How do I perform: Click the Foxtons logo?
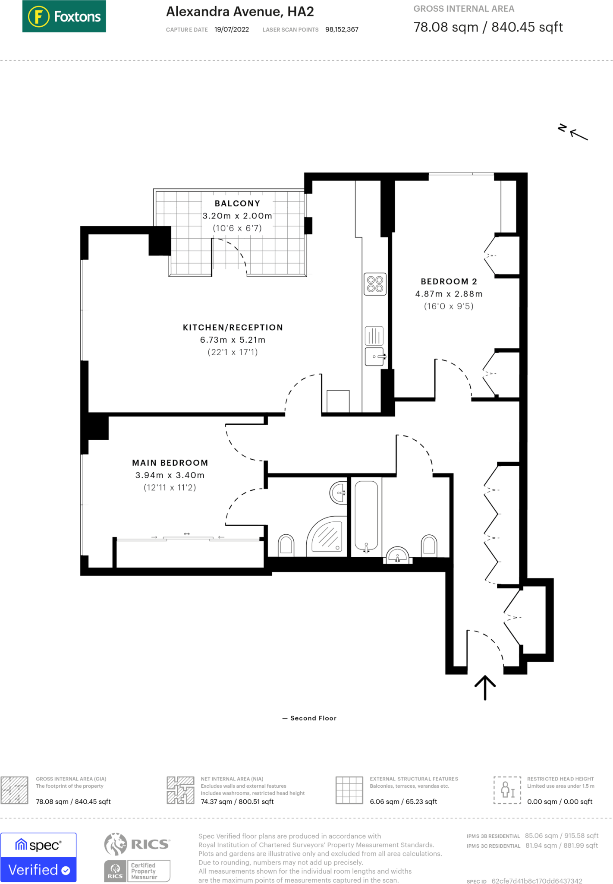coord(64,16)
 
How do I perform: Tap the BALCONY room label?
coord(237,203)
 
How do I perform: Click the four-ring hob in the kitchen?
coord(375,284)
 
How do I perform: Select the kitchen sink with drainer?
coord(374,346)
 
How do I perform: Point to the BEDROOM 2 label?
coord(449,281)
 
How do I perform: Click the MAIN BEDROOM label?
coord(170,463)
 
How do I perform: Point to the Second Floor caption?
coord(313,718)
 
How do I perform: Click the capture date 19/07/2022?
coord(232,30)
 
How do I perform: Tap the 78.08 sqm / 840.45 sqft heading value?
coord(488,27)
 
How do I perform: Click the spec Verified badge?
coord(38,857)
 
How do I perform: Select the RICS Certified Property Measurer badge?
coord(137,857)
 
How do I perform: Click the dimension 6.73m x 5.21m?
coord(233,340)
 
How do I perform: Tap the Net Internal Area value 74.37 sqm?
coord(237,802)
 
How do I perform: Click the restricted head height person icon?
coord(507,789)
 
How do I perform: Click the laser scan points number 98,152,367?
coord(342,30)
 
